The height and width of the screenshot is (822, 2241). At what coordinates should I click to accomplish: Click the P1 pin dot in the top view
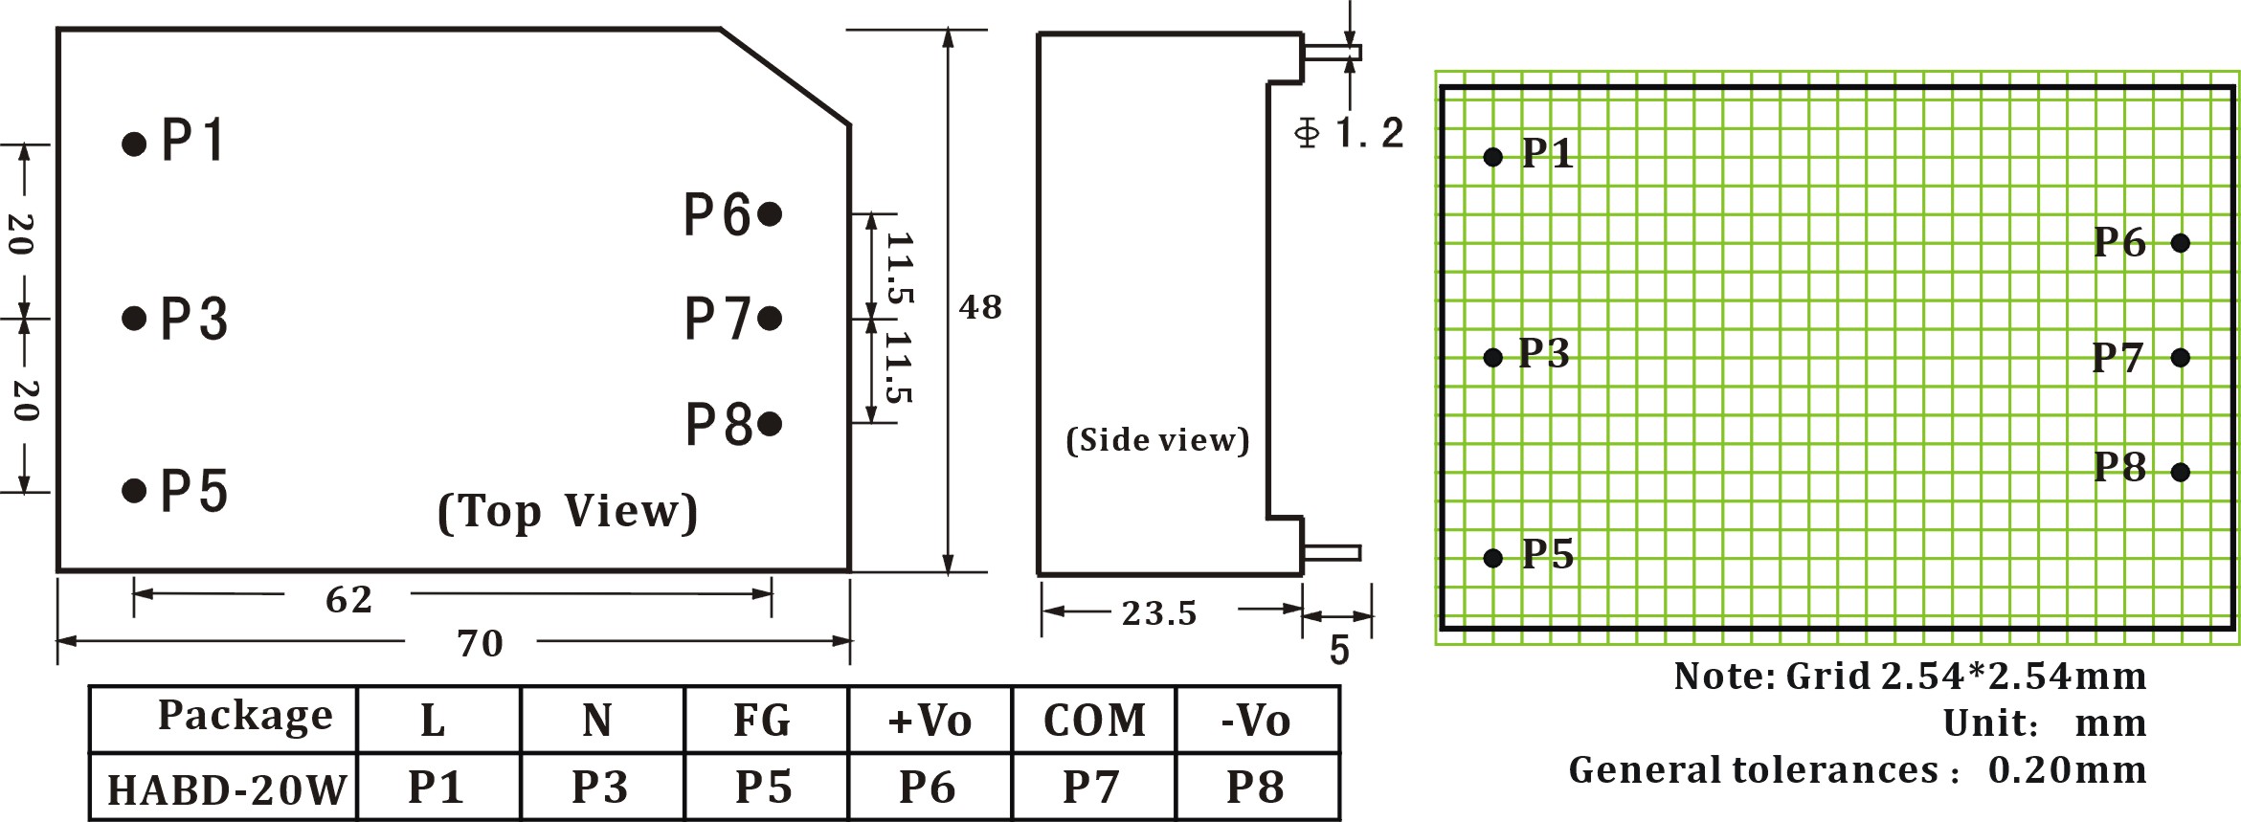click(134, 144)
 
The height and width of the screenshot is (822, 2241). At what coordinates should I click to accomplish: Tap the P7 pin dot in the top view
click(770, 318)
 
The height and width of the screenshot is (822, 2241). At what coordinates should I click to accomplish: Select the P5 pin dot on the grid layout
click(1492, 557)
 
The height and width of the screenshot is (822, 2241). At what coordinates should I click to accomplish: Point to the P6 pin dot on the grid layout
click(2181, 243)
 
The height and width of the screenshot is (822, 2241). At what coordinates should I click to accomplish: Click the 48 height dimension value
click(980, 307)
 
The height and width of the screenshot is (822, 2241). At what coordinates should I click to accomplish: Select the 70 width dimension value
click(480, 643)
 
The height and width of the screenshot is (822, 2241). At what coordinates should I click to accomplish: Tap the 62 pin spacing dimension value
click(348, 600)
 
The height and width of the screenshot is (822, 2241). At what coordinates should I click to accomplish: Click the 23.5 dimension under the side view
click(1159, 612)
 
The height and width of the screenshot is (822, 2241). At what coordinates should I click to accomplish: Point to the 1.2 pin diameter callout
click(1350, 133)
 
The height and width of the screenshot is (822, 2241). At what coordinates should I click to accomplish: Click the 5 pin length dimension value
click(1339, 651)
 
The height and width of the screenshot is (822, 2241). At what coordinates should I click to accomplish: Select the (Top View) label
click(568, 511)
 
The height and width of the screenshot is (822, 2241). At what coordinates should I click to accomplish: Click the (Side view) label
click(1157, 439)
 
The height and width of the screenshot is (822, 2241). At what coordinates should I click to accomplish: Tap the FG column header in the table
click(762, 721)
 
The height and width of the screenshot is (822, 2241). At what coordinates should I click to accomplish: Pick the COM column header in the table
click(1094, 721)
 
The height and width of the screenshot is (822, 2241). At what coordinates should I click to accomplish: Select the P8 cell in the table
click(1255, 787)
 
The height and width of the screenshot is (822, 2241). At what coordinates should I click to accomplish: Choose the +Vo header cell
click(930, 721)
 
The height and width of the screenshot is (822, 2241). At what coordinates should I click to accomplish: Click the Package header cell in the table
click(245, 715)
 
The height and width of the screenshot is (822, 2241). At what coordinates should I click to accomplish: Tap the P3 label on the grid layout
click(1544, 353)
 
